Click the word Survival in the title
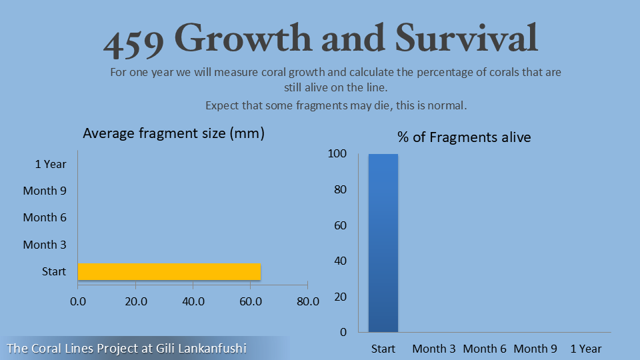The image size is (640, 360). pos(466,39)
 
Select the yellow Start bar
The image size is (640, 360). pos(169,272)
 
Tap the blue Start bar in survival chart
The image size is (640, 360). pos(383,243)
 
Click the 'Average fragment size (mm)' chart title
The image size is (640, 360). pos(174,133)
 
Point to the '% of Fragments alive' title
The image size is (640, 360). pos(464,137)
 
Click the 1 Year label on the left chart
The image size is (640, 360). pos(51,164)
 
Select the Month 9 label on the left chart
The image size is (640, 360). pos(45,191)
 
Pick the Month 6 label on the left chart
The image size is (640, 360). pos(45,217)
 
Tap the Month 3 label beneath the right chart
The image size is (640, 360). pos(434,349)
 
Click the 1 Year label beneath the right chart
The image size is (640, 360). pos(586,349)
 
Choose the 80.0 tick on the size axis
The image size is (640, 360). pos(307,301)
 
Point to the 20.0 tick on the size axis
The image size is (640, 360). pos(136,301)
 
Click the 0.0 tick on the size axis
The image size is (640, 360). pos(78,301)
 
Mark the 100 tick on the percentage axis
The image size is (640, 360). pos(337,154)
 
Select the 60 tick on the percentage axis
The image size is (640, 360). pos(340,225)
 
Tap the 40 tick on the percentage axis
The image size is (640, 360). pos(340,261)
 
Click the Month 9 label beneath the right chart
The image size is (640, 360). pos(535,349)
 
